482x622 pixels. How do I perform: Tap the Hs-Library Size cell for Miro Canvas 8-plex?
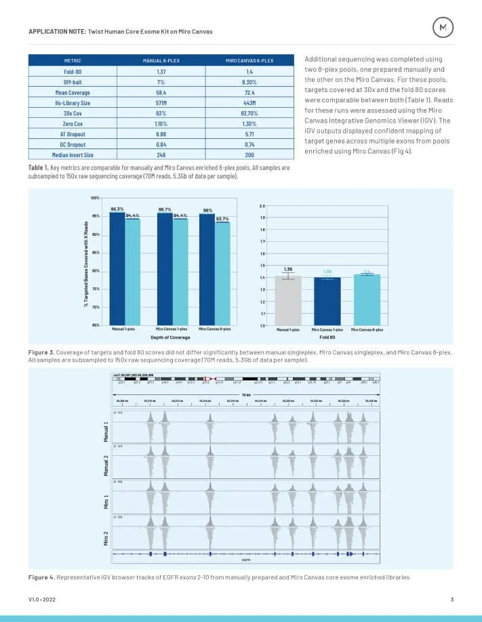tap(251, 102)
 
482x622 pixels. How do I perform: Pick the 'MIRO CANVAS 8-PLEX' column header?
tap(251, 60)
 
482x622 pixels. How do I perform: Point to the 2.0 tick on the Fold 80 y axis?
tap(262, 205)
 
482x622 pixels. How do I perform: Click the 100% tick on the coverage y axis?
tap(96, 198)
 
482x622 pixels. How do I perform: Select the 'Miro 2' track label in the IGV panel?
tap(106, 537)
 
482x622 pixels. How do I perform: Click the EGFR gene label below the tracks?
tap(247, 560)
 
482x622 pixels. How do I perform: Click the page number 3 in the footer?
tap(451, 600)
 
